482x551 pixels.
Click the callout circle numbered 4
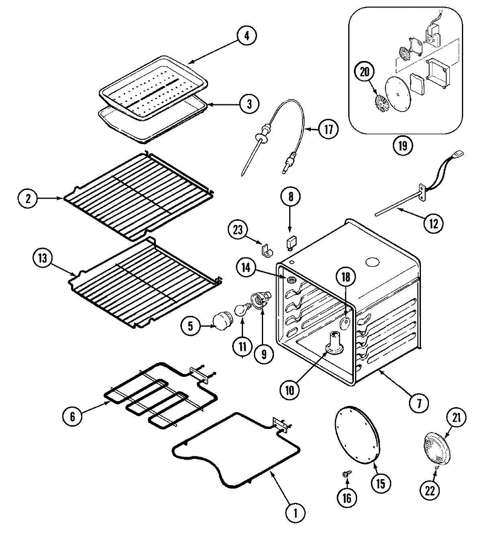pos(247,36)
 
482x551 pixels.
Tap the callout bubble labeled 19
pos(403,145)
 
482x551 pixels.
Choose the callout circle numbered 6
pos(73,416)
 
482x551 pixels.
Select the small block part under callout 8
pos(290,242)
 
